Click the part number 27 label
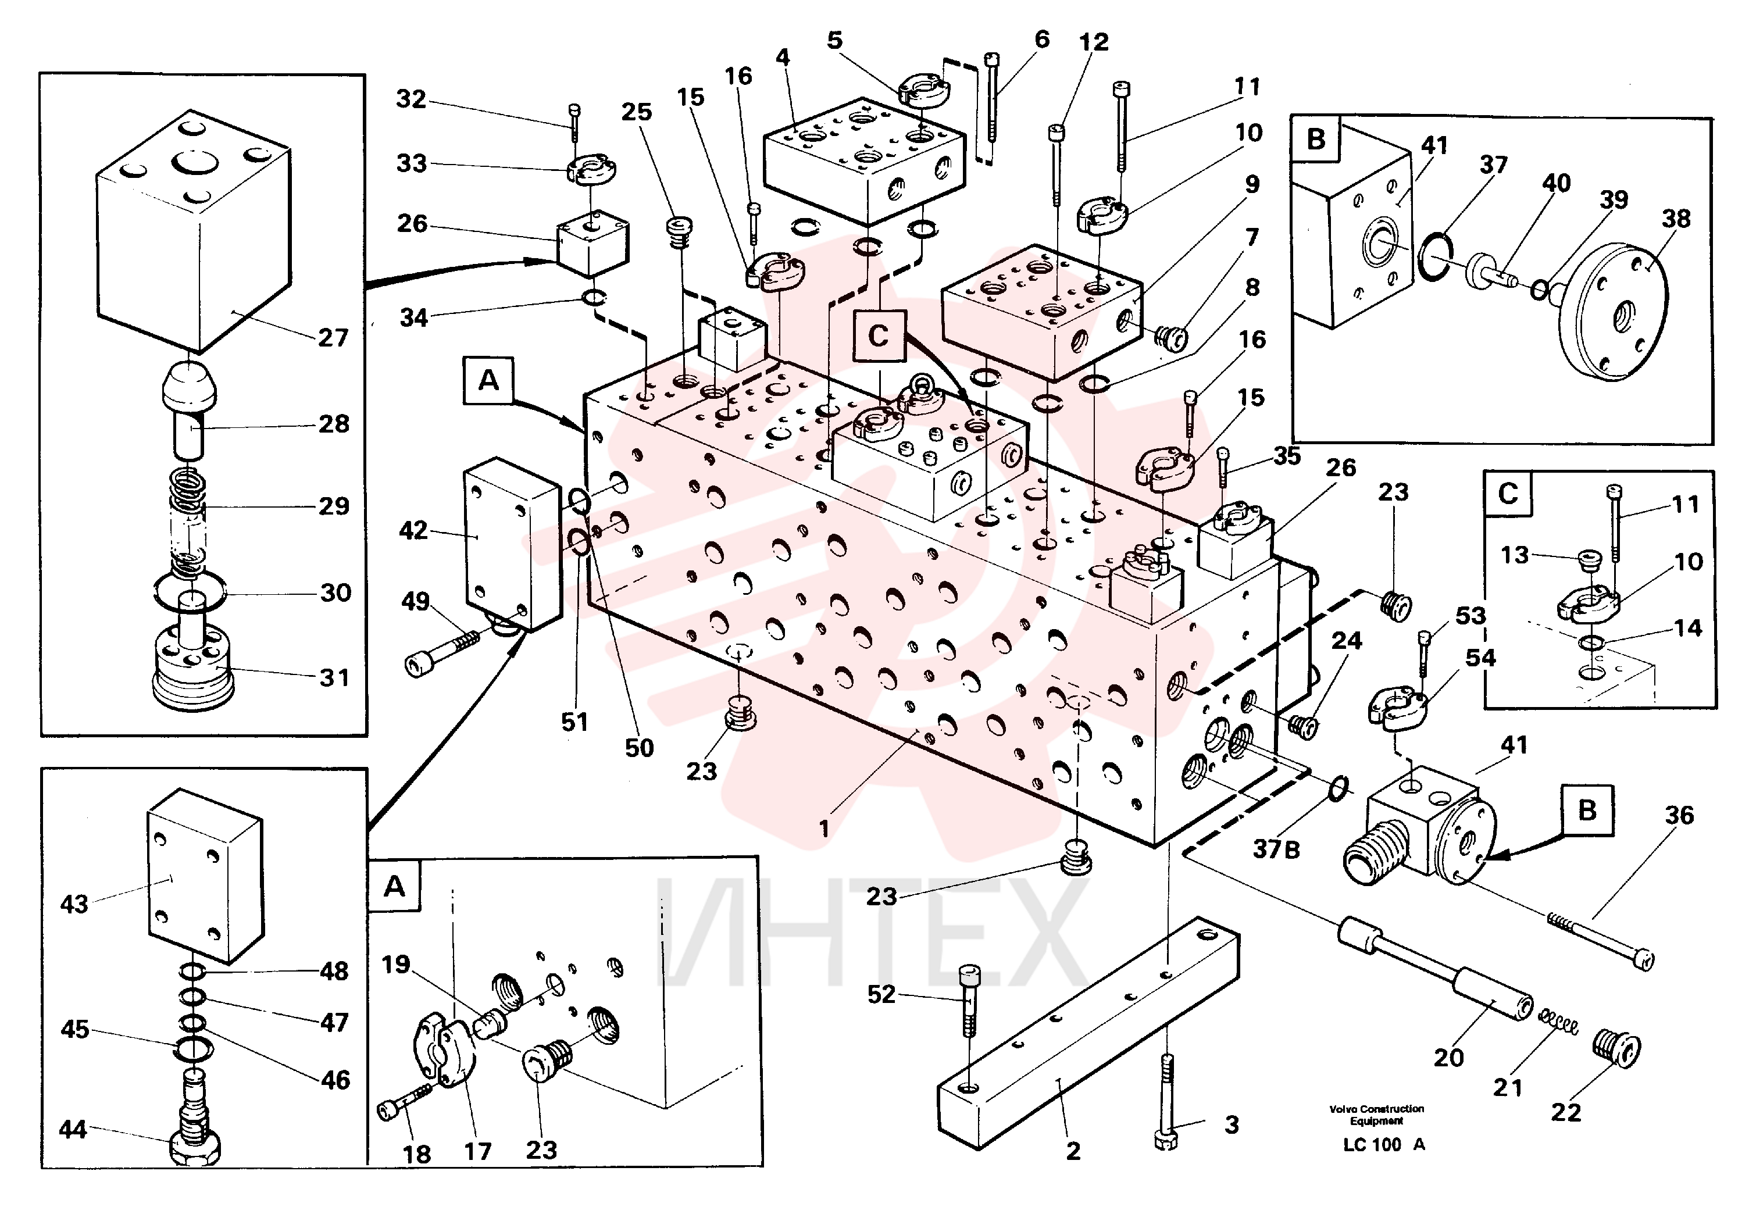click(334, 337)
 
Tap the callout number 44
click(73, 1130)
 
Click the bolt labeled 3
click(1165, 1102)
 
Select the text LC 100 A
click(1383, 1144)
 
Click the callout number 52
click(881, 994)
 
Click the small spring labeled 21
click(1558, 1022)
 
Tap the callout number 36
click(1679, 816)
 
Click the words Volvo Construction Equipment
click(1376, 1115)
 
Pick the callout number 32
click(411, 99)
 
